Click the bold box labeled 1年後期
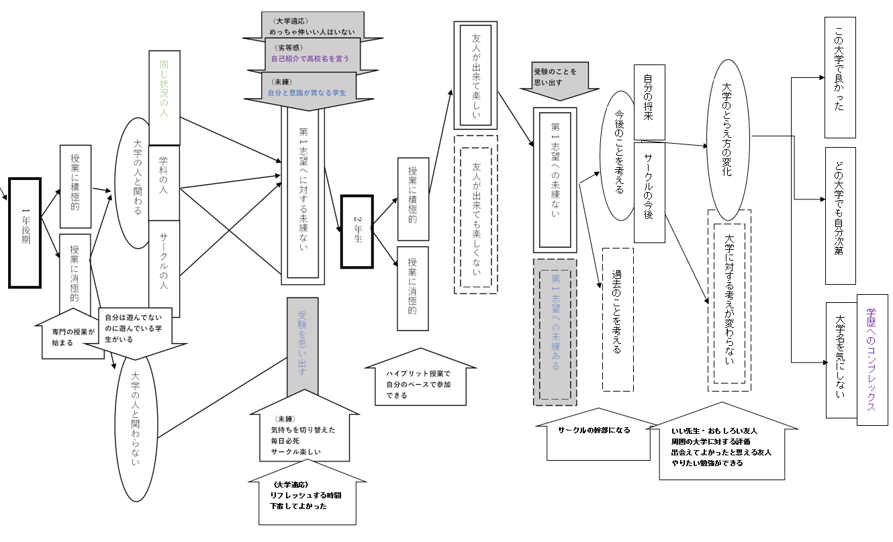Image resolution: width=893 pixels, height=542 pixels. [25, 233]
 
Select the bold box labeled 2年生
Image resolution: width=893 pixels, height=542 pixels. [357, 232]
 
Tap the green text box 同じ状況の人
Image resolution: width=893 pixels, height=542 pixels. [164, 97]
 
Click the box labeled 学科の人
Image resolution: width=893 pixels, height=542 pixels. [164, 183]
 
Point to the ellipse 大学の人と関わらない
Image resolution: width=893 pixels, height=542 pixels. [136, 426]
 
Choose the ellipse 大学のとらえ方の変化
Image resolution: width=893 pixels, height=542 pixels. [728, 140]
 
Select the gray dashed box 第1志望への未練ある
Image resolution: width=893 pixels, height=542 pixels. [555, 332]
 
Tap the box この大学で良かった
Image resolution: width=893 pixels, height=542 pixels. [840, 77]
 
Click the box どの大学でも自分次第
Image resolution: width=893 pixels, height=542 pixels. [841, 216]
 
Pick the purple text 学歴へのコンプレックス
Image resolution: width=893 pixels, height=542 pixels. [871, 359]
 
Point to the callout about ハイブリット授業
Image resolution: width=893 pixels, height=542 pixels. [420, 377]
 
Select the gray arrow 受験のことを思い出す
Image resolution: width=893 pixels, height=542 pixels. [559, 81]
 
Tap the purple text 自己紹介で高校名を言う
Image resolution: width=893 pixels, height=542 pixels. [310, 58]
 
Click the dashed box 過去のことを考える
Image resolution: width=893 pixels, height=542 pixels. [618, 320]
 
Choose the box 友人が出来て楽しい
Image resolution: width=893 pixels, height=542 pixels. [475, 75]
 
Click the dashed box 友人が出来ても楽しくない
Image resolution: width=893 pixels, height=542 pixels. [475, 214]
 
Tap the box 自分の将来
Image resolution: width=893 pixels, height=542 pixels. [649, 102]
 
